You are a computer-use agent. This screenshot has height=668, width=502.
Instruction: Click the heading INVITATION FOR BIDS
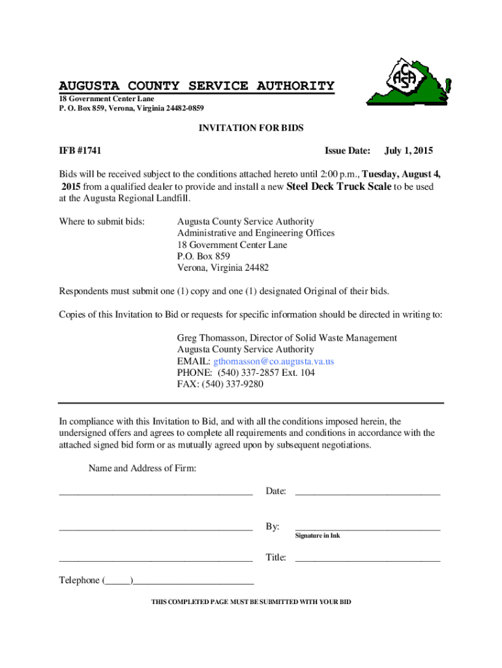pyautogui.click(x=251, y=129)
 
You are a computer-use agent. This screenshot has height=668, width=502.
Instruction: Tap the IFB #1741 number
pyautogui.click(x=81, y=151)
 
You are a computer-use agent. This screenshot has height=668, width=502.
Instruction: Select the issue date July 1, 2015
pyautogui.click(x=409, y=151)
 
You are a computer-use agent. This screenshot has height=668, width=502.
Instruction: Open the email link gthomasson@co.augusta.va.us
pyautogui.click(x=274, y=361)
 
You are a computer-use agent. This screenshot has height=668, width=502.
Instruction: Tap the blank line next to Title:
pyautogui.click(x=368, y=559)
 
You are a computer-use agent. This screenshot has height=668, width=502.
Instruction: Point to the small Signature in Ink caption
pyautogui.click(x=317, y=536)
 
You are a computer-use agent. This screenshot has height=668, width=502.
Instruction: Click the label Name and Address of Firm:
pyautogui.click(x=142, y=468)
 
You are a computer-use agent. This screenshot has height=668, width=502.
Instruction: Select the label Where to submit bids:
pyautogui.click(x=102, y=222)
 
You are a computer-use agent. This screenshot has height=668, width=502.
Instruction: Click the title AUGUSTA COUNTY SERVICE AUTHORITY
pyautogui.click(x=197, y=86)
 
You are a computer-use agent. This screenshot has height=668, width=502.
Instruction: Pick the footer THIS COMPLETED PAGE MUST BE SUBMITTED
pyautogui.click(x=251, y=602)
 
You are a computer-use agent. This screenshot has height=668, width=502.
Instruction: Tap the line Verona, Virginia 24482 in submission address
pyautogui.click(x=223, y=268)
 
